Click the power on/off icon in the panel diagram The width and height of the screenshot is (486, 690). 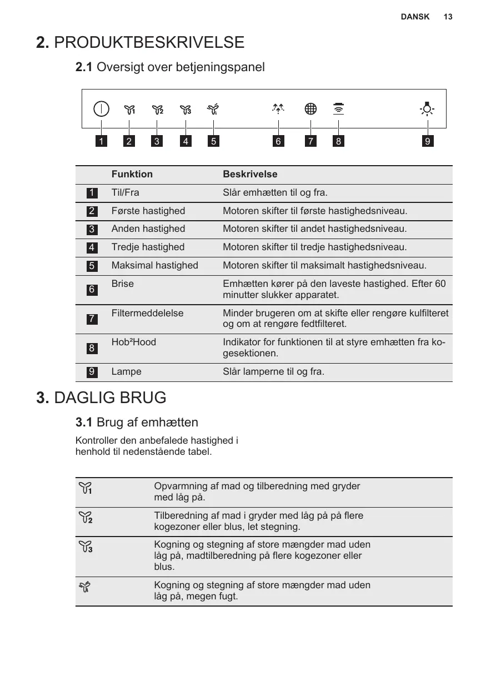click(x=101, y=108)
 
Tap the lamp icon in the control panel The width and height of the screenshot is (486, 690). click(x=427, y=108)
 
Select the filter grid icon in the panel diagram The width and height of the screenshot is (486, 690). click(x=310, y=108)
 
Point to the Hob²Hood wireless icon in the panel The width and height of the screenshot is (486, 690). click(x=338, y=108)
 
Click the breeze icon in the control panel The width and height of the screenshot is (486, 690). click(x=278, y=108)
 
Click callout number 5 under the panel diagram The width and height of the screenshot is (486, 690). click(x=213, y=141)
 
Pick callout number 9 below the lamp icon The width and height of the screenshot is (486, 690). click(x=427, y=141)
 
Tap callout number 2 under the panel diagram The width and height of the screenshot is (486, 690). click(x=129, y=141)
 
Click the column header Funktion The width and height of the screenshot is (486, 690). click(x=132, y=174)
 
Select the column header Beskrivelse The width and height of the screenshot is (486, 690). click(x=250, y=174)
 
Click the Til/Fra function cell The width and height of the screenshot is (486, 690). click(x=126, y=192)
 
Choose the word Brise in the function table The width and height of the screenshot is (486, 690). click(x=123, y=284)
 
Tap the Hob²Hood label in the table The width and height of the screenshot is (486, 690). click(x=134, y=342)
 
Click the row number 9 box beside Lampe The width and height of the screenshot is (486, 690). click(x=92, y=372)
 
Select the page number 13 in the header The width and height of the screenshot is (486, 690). click(x=448, y=17)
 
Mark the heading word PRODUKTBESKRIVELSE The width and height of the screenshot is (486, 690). click(x=149, y=42)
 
